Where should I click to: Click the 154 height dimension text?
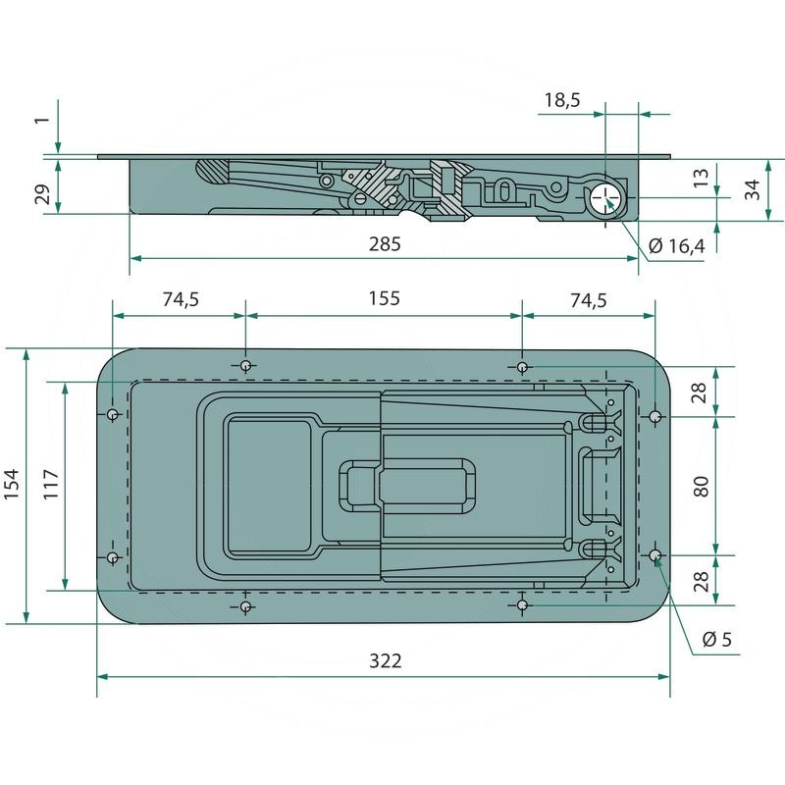(x=13, y=484)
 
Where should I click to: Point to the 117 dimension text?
(x=52, y=485)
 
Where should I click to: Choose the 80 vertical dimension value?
(x=701, y=485)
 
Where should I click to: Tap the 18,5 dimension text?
(x=562, y=99)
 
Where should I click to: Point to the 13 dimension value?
(x=701, y=178)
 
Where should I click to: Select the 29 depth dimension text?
(x=42, y=192)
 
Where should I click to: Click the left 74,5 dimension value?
(x=180, y=300)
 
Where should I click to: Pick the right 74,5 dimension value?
(x=587, y=300)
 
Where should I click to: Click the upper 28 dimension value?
(x=701, y=392)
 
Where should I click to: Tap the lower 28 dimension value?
(x=701, y=580)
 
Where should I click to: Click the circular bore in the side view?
(x=607, y=196)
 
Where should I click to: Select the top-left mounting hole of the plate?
(x=245, y=365)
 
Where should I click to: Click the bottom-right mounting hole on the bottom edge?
(x=523, y=606)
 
